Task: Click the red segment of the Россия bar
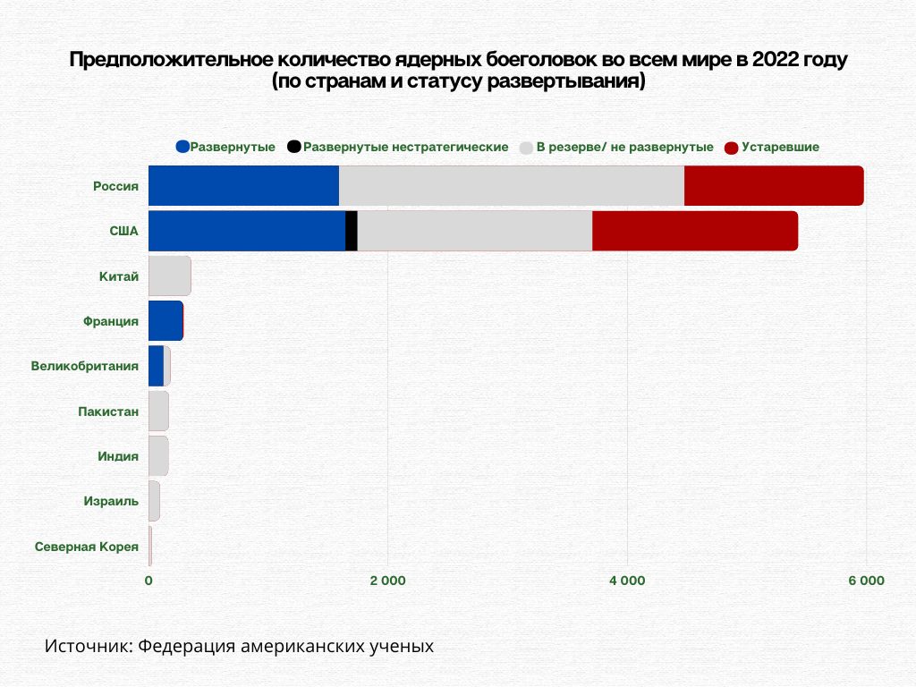pyautogui.click(x=774, y=186)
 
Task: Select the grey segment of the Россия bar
pyautogui.click(x=511, y=186)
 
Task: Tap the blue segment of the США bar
pyautogui.click(x=246, y=231)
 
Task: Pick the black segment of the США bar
pyautogui.click(x=352, y=231)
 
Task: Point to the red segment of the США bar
pyautogui.click(x=694, y=231)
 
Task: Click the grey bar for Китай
pyautogui.click(x=169, y=276)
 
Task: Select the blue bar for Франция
pyautogui.click(x=165, y=320)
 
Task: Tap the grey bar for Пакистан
pyautogui.click(x=158, y=411)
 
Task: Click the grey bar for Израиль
pyautogui.click(x=154, y=501)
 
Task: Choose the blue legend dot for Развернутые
pyautogui.click(x=183, y=147)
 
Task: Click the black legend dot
pyautogui.click(x=294, y=147)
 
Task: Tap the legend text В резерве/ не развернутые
pyautogui.click(x=624, y=147)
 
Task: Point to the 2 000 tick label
pyautogui.click(x=387, y=581)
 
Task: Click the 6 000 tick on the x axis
pyautogui.click(x=866, y=581)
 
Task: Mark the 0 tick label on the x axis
pyautogui.click(x=148, y=581)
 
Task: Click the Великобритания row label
pyautogui.click(x=85, y=366)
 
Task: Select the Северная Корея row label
pyautogui.click(x=87, y=546)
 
